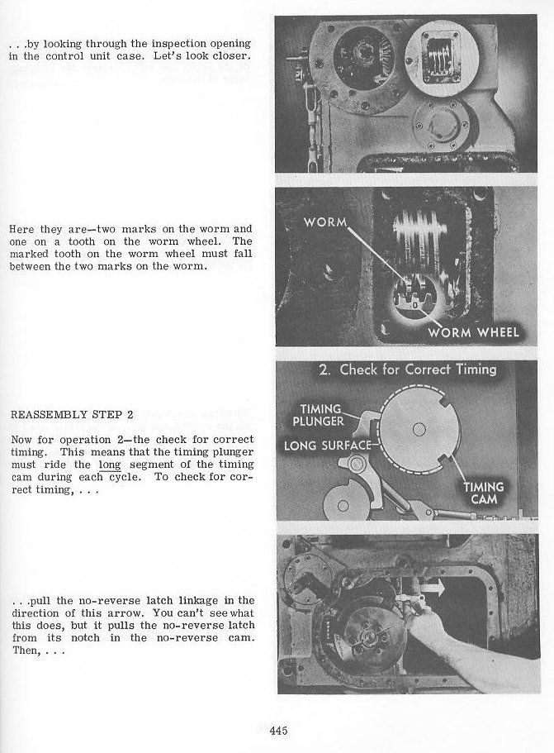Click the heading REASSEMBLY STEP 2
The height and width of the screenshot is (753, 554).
click(x=61, y=414)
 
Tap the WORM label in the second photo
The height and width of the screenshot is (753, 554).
click(x=324, y=222)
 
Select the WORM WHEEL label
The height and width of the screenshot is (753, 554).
click(x=473, y=332)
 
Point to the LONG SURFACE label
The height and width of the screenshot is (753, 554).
click(x=328, y=446)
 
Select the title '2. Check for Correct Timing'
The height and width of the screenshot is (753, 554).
click(x=408, y=369)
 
